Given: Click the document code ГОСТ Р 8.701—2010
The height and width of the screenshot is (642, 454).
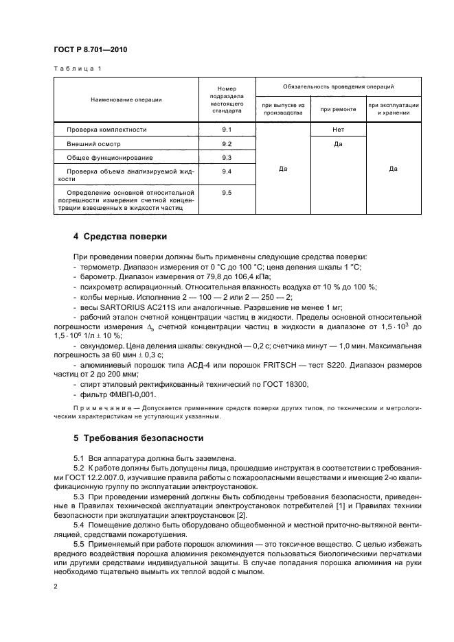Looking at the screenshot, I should coord(91,50).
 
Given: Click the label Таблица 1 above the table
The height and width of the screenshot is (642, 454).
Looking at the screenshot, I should coord(77,69).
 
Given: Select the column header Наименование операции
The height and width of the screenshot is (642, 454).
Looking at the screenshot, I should coord(126,99).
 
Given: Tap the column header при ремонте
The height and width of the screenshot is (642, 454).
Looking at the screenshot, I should coord(338,108).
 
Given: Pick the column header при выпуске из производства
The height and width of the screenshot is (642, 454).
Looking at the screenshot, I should coord(283,108).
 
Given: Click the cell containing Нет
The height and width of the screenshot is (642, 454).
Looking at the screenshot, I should coord(338,129).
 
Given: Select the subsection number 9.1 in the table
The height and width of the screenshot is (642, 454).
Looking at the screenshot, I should coord(227,129).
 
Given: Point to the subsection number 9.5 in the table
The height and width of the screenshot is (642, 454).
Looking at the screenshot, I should coord(227,193).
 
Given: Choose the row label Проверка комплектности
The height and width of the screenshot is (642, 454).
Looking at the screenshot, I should coord(106,129).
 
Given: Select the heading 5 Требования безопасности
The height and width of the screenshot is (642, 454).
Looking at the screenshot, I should coord(138,438).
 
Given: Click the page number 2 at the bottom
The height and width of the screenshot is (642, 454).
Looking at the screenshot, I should coord(56,586).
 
